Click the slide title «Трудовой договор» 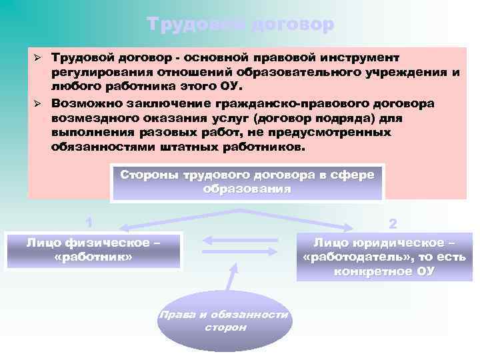coord(240,25)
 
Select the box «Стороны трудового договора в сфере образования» coord(247,181)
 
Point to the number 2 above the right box coord(391,222)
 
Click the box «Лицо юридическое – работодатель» coord(384,257)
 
